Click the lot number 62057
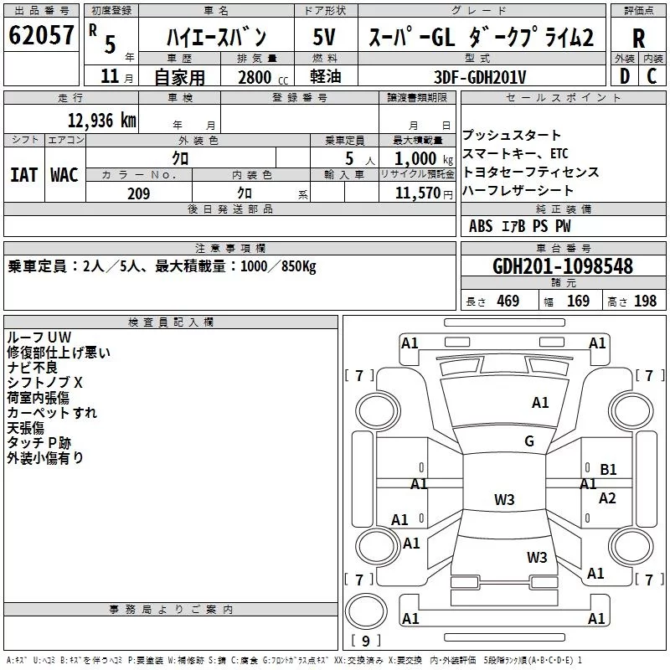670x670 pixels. click(x=41, y=35)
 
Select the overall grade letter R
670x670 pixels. click(x=638, y=39)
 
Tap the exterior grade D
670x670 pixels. click(x=625, y=76)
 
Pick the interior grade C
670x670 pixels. click(x=652, y=76)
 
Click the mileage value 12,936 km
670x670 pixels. click(x=102, y=121)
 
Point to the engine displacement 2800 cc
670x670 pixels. click(x=263, y=77)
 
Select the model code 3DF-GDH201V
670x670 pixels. click(x=480, y=77)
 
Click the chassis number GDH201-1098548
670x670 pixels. click(x=563, y=266)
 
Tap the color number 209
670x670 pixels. click(x=138, y=193)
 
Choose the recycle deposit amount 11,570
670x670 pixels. click(x=417, y=193)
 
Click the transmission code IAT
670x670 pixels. click(x=23, y=175)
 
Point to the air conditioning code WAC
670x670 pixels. click(x=64, y=175)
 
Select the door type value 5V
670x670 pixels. click(x=324, y=37)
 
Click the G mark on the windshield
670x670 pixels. click(x=529, y=441)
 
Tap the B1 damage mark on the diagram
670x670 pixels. click(x=608, y=470)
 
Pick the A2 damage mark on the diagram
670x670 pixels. click(x=607, y=498)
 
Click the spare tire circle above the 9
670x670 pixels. click(x=366, y=611)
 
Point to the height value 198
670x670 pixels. click(x=645, y=301)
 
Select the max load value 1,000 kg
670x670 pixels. click(x=423, y=159)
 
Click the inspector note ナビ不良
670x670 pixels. click(x=32, y=368)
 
